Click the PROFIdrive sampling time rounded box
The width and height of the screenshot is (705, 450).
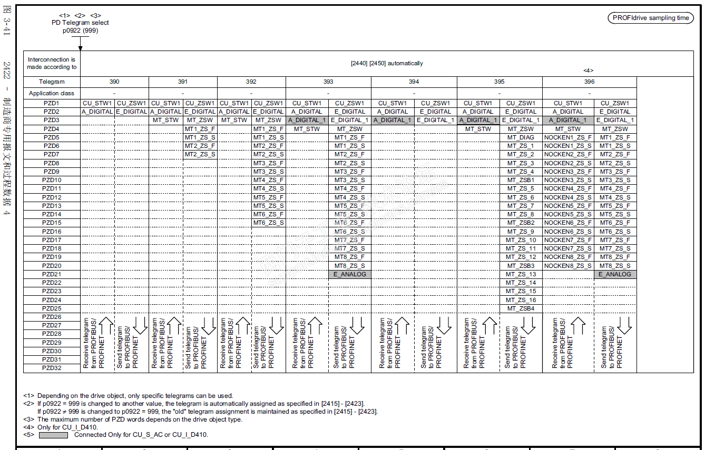click(651, 18)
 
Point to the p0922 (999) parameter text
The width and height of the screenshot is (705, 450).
click(80, 31)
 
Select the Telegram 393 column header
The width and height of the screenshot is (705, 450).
click(328, 82)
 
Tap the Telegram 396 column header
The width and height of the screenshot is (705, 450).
click(589, 82)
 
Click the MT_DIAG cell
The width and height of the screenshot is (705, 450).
click(521, 137)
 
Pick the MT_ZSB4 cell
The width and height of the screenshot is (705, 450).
click(521, 308)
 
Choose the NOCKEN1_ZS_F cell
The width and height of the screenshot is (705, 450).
click(567, 137)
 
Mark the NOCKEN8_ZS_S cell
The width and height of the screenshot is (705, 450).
click(567, 266)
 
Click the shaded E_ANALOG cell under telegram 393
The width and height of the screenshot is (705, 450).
click(349, 274)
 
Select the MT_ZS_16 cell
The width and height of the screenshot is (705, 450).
click(521, 300)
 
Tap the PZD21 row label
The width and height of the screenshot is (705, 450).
click(52, 274)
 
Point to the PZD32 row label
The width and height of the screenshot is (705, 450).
click(52, 368)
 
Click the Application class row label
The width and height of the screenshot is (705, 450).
click(52, 93)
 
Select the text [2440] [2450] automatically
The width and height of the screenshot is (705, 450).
click(387, 63)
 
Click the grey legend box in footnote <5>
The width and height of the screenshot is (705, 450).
click(53, 435)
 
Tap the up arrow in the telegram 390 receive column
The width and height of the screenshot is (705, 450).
click(106, 326)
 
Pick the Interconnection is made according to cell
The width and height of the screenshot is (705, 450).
click(52, 63)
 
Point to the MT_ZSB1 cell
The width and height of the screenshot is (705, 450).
click(521, 180)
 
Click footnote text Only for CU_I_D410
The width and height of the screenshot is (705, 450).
click(67, 427)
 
